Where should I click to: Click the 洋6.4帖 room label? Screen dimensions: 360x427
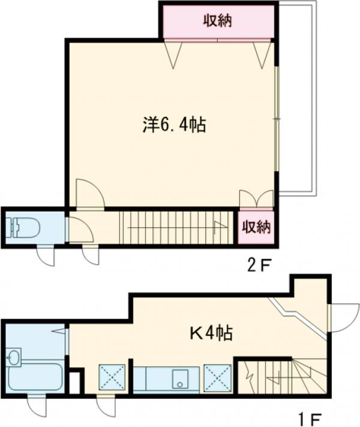174,125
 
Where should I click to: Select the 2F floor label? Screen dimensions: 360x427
259,266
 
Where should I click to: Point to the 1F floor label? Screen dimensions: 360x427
310,418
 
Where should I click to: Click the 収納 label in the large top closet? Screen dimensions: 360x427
218,20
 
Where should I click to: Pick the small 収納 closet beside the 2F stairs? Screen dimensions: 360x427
256,227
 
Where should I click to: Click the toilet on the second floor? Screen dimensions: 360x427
23,227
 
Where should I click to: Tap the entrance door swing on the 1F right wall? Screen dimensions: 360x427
344,317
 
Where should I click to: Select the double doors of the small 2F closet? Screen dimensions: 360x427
256,199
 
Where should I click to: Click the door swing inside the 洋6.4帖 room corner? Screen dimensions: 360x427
89,194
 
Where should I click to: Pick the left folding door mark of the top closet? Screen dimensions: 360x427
173,54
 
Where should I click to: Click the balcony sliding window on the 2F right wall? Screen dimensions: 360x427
277,119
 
